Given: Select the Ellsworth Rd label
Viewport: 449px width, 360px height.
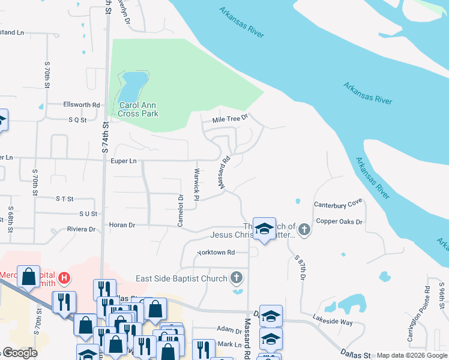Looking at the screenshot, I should coord(82,104).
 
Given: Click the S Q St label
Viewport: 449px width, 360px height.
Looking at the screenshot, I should coord(77,119).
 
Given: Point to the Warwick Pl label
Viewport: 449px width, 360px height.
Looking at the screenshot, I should coord(196,181).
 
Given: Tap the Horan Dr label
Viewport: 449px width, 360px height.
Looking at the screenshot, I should coord(122,225).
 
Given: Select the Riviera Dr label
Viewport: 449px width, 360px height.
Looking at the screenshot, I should coord(83,229).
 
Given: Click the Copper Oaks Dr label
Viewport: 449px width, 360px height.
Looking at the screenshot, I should coord(340,221).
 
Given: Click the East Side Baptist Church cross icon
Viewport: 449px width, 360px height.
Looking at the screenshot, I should coord(237,278).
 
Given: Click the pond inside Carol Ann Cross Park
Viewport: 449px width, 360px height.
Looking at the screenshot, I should coord(132,88).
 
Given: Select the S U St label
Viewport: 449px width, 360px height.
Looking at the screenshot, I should coord(88,214).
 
